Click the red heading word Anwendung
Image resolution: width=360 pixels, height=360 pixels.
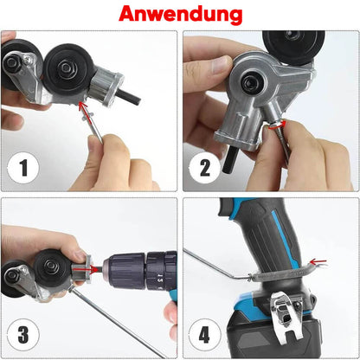pos(180,14)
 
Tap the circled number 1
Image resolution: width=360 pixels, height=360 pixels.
pos(23,167)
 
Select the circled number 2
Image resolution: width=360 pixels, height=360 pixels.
pos(205,168)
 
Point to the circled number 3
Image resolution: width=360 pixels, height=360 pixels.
pos(23,334)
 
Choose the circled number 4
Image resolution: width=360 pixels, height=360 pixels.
pos(204,335)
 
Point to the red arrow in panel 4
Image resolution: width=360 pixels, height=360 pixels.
pos(318,262)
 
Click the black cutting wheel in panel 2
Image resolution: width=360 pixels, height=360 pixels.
pos(293,47)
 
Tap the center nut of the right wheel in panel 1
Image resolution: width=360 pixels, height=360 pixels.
pos(67,68)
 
